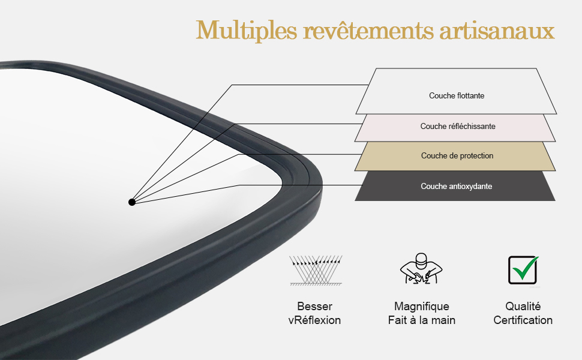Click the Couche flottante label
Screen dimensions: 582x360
tap(457, 95)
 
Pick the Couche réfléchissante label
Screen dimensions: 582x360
tap(458, 126)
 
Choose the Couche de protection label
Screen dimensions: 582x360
tap(457, 156)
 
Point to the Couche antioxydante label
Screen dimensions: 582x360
tap(457, 187)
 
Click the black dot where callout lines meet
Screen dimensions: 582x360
tap(132, 202)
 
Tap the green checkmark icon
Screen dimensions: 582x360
tap(523, 269)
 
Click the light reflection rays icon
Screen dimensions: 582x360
tap(316, 269)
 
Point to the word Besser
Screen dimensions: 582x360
tap(314, 307)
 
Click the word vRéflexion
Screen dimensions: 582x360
tap(314, 320)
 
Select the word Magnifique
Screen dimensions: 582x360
tap(422, 307)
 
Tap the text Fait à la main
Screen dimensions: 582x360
tap(422, 320)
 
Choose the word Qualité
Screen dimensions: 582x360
tap(523, 307)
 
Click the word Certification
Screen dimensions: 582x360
tap(523, 320)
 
